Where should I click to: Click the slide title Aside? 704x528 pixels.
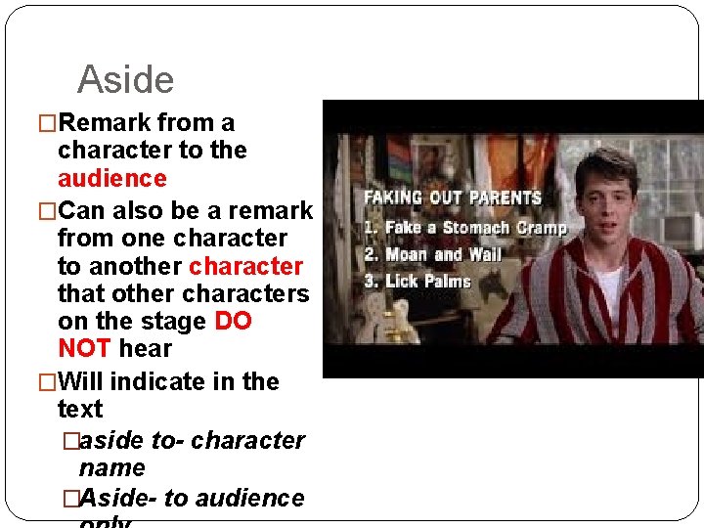[x=125, y=80]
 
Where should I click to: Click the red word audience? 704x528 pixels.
[x=112, y=179]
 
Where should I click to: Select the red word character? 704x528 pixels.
[x=245, y=267]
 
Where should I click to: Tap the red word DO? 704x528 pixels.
[x=233, y=322]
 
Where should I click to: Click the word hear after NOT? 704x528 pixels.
[x=145, y=349]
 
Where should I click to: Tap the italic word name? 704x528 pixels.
[x=111, y=468]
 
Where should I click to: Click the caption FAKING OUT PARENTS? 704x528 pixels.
[x=453, y=198]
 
